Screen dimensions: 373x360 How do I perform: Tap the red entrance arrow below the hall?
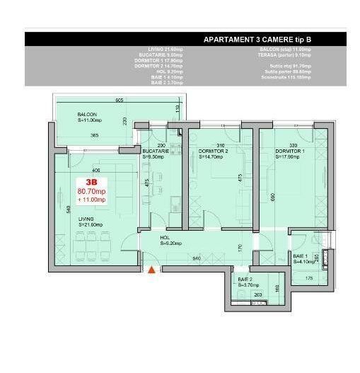click(x=151, y=269)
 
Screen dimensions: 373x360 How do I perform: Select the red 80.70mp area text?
click(x=91, y=191)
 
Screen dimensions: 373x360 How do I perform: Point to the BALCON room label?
click(x=87, y=114)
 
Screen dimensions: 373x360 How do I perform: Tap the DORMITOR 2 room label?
click(x=213, y=151)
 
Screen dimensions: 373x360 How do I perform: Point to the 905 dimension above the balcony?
click(x=119, y=99)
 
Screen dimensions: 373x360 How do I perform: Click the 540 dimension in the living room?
click(x=66, y=208)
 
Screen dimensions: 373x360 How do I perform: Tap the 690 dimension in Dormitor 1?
click(x=272, y=197)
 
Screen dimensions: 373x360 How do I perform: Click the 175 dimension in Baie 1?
click(x=308, y=278)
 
